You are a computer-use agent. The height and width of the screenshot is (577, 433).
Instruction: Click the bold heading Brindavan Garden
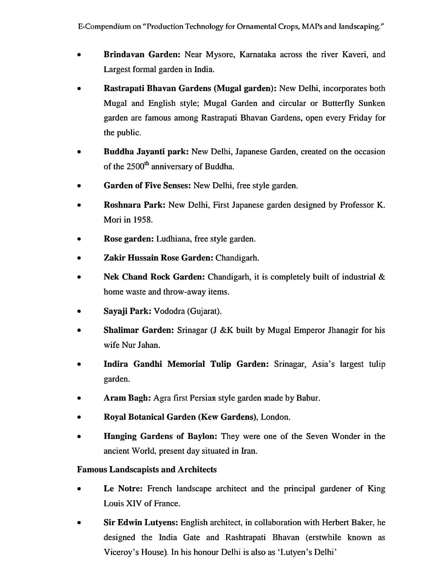142,55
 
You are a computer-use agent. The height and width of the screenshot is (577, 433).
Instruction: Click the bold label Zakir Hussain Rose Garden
159,258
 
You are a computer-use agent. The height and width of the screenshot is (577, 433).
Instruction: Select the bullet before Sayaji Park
79,312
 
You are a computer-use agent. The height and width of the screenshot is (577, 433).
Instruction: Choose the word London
275,417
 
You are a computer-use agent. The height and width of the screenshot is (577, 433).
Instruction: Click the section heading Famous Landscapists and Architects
147,470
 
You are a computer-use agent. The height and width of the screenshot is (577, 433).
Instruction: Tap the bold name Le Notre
123,489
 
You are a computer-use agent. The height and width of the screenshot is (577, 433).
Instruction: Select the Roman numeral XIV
134,503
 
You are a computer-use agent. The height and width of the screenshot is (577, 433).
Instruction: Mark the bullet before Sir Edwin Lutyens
79,523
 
